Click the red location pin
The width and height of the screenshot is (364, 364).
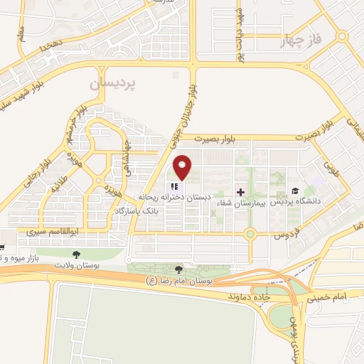point(183,167)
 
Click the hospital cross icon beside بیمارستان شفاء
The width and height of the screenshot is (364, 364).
point(240,192)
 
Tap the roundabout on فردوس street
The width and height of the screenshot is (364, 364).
point(250,234)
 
